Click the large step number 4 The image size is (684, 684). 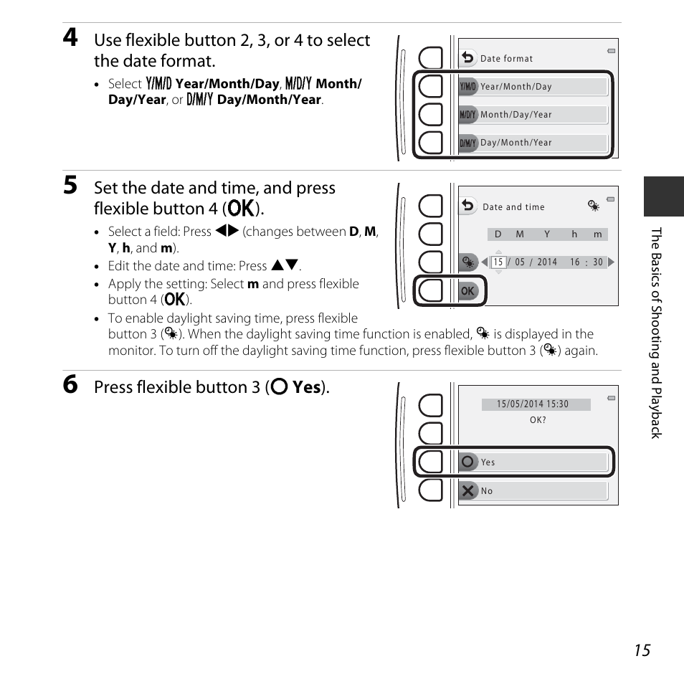(70, 39)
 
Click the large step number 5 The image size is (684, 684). (70, 186)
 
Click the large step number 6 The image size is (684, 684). (70, 385)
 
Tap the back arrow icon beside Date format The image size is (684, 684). (468, 57)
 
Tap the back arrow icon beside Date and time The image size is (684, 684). (468, 206)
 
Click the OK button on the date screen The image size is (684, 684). (468, 290)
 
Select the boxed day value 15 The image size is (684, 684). (498, 262)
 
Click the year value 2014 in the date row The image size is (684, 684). (547, 262)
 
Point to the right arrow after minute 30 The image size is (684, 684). (611, 262)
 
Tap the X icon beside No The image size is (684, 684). (468, 491)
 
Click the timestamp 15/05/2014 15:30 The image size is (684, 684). (533, 404)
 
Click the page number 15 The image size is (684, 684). (642, 650)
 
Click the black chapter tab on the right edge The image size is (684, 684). (663, 196)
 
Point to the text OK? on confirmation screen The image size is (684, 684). (538, 420)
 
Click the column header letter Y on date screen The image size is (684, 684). (547, 234)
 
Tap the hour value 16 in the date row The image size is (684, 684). (575, 262)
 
